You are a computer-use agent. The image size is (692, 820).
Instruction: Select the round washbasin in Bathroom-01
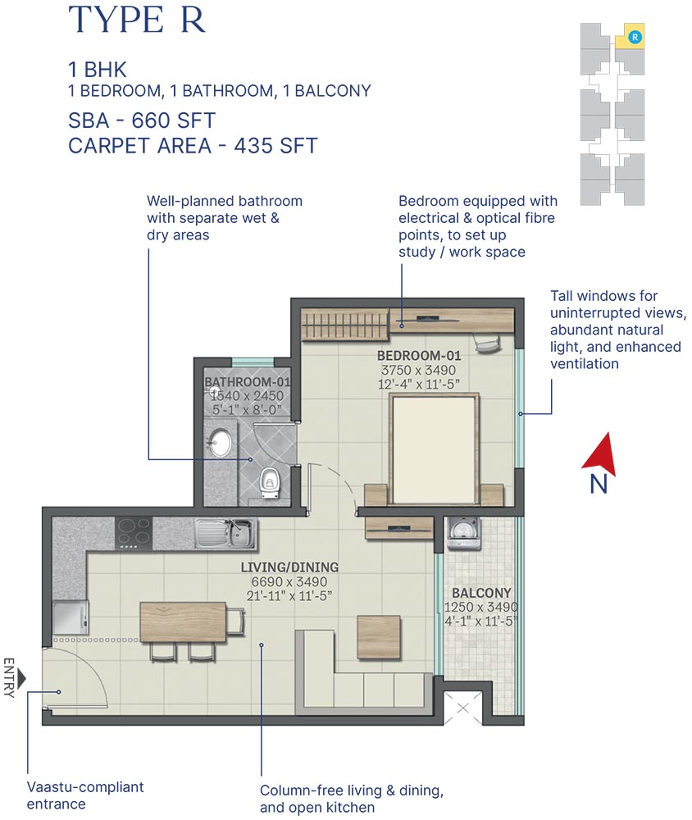220,443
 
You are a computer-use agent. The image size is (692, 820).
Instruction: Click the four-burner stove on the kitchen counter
132,533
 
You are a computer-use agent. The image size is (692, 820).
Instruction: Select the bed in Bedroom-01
434,450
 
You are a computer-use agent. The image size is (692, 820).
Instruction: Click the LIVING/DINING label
289,567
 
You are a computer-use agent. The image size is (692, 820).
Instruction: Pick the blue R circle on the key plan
634,36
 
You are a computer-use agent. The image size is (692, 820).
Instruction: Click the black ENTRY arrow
22,678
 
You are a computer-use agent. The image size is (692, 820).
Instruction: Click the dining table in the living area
182,622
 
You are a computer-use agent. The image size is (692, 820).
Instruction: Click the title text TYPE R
136,20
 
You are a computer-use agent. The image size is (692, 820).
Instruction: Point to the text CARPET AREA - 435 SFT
193,147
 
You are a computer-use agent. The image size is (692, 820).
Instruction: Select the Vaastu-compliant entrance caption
85,795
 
